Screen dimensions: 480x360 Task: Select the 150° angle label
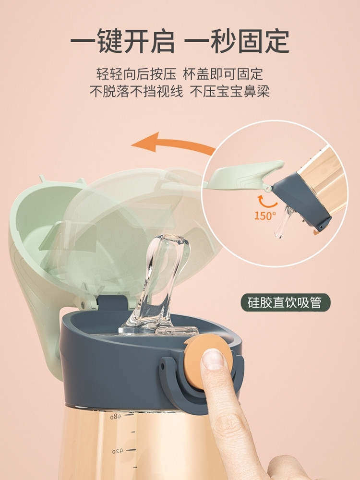coord(265,216)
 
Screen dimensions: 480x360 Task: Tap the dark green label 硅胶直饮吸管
coord(286,302)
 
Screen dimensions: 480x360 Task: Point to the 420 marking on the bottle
coord(118,451)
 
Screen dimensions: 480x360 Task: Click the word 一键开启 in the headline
coord(122,42)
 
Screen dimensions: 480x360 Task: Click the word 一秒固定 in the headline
coord(238,42)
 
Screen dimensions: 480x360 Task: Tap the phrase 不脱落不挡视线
coord(136,91)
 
